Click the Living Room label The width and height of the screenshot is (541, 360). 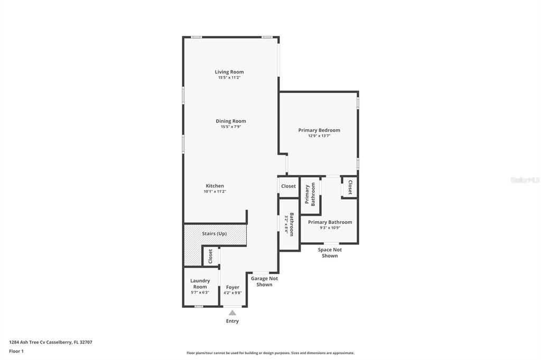pyautogui.click(x=229, y=72)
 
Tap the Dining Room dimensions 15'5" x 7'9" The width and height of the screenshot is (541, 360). pyautogui.click(x=231, y=127)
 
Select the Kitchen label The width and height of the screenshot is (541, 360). pyautogui.click(x=214, y=185)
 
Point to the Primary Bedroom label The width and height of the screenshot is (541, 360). pyautogui.click(x=319, y=130)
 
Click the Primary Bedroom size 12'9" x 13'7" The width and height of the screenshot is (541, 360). pyautogui.click(x=319, y=136)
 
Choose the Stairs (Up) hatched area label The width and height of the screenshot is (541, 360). pyautogui.click(x=214, y=233)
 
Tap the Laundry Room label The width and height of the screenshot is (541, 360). pyautogui.click(x=200, y=283)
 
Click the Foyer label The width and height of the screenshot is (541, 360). pyautogui.click(x=232, y=287)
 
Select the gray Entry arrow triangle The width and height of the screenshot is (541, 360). pyautogui.click(x=232, y=313)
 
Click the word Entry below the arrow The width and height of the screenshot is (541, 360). pyautogui.click(x=232, y=321)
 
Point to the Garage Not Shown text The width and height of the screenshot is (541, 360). pyautogui.click(x=264, y=281)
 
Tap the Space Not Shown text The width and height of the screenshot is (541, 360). pyautogui.click(x=330, y=252)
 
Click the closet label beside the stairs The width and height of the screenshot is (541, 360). pyautogui.click(x=210, y=256)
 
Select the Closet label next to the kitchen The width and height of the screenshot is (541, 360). pyautogui.click(x=288, y=186)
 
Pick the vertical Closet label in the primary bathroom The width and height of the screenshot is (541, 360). pyautogui.click(x=350, y=187)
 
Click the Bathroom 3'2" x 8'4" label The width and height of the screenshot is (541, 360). pyautogui.click(x=289, y=224)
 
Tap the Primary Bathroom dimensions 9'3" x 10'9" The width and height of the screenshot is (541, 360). pyautogui.click(x=330, y=228)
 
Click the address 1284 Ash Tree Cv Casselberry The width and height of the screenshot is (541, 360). pyautogui.click(x=41, y=343)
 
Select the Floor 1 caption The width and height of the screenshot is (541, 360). pyautogui.click(x=16, y=352)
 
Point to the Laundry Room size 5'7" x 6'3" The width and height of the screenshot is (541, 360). pyautogui.click(x=200, y=292)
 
